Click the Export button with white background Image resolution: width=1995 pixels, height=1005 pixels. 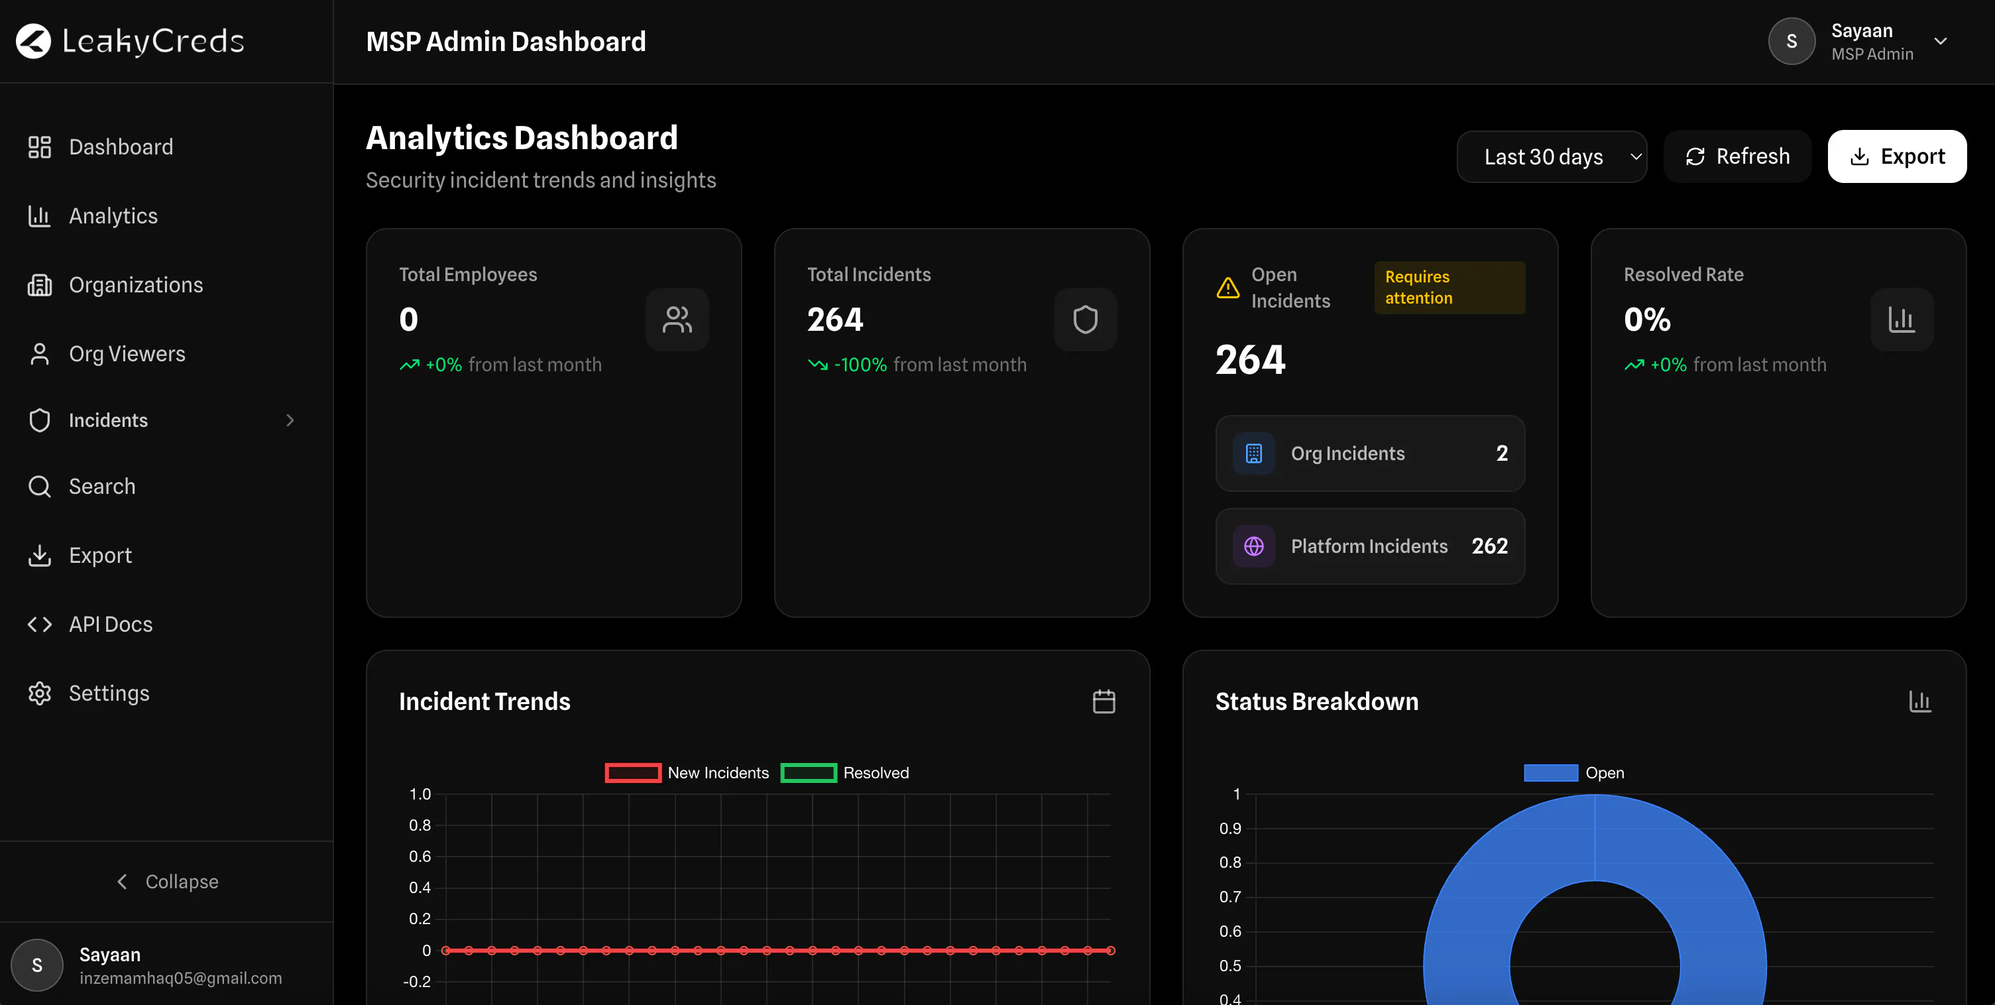pos(1897,156)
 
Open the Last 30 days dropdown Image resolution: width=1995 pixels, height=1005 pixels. pos(1551,156)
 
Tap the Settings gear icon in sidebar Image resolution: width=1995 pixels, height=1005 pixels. pos(40,693)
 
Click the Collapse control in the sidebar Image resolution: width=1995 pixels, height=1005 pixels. pos(167,882)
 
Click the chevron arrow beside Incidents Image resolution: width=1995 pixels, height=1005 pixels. pos(290,420)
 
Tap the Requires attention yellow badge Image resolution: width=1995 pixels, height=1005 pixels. pos(1450,288)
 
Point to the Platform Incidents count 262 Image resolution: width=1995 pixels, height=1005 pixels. pos(1490,546)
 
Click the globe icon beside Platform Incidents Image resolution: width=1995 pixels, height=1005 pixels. pos(1254,546)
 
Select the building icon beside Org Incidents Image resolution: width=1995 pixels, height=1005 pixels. pos(1254,453)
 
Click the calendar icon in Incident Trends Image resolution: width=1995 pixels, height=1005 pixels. pos(1104,701)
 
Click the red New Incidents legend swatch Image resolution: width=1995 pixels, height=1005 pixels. pos(633,772)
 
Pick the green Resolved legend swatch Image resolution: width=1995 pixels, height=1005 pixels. pos(809,772)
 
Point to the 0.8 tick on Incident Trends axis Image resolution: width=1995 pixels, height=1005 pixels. pos(420,825)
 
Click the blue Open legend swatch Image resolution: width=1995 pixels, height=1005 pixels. pos(1550,772)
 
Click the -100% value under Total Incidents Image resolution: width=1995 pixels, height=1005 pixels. pos(860,365)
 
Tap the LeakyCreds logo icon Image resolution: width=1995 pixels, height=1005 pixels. pos(33,41)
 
